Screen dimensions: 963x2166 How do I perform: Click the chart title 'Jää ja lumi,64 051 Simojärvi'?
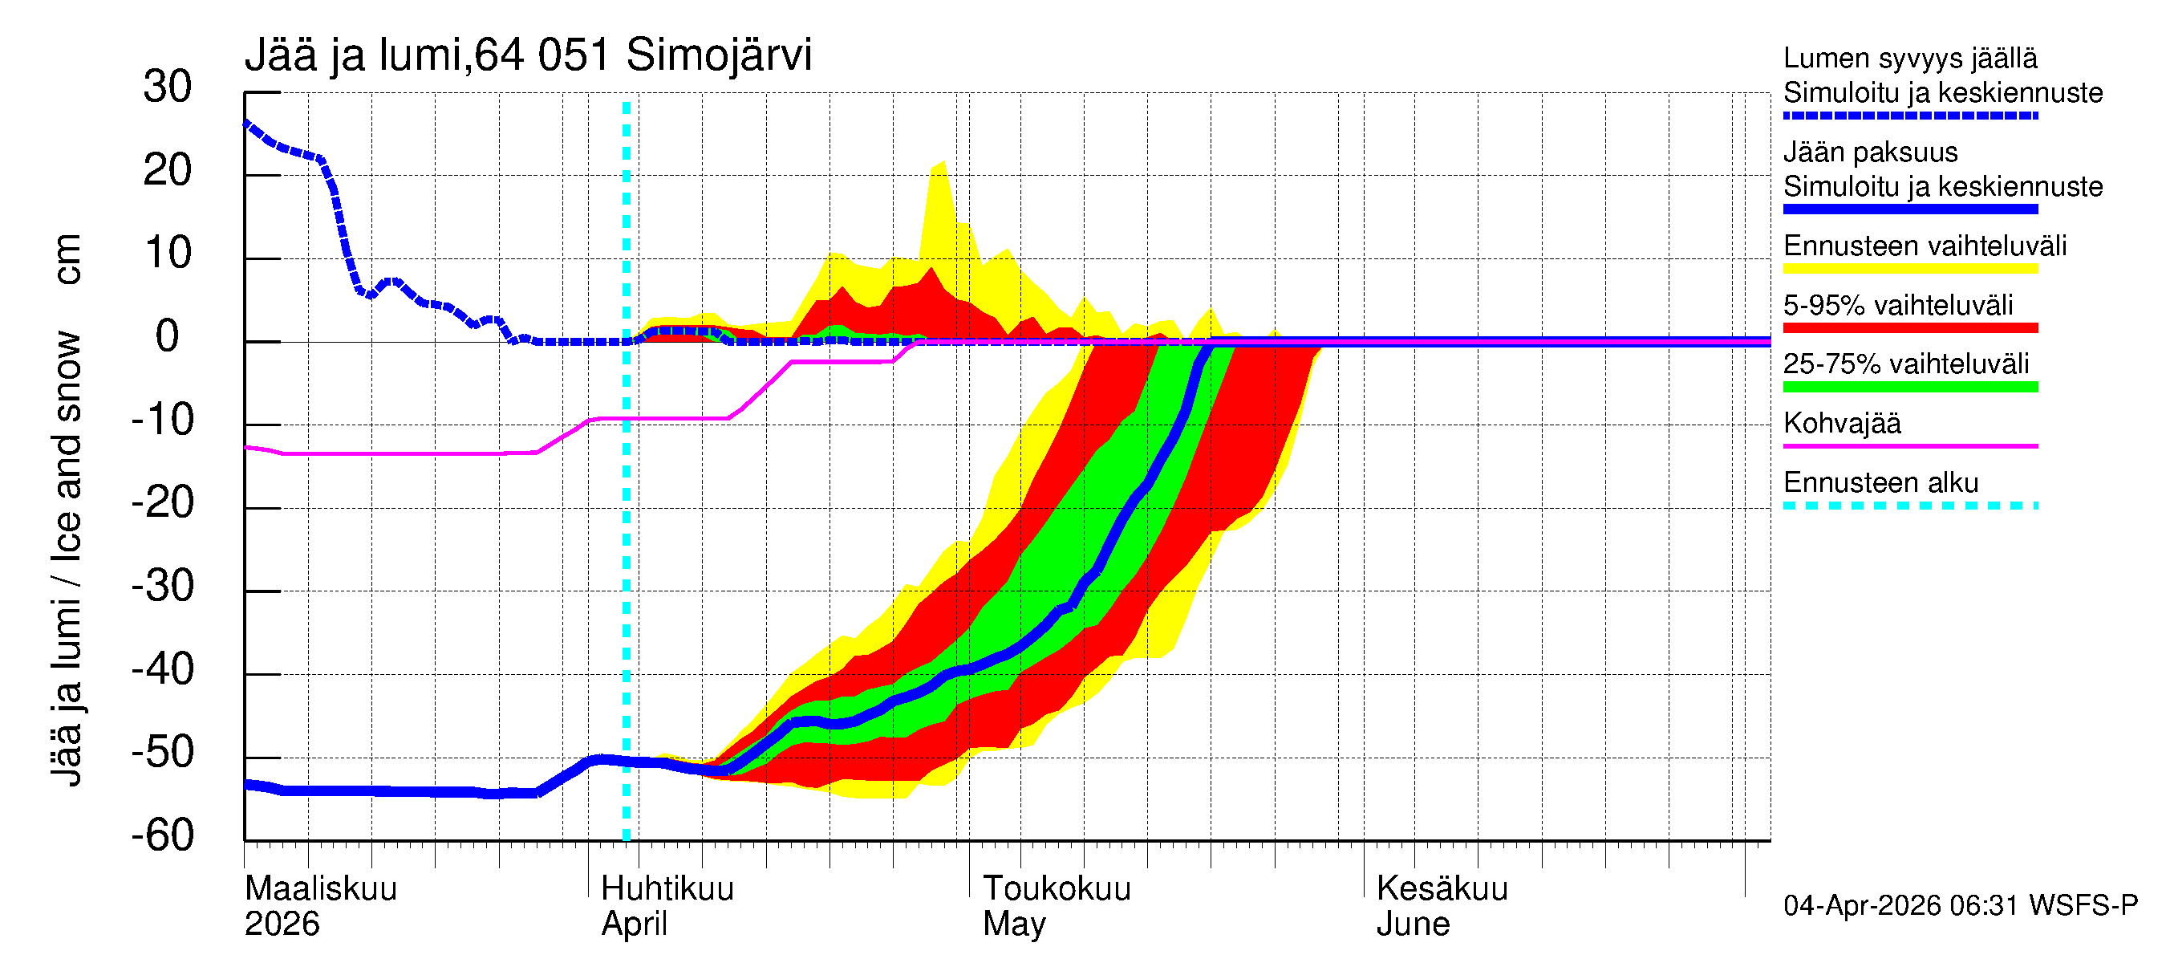[528, 55]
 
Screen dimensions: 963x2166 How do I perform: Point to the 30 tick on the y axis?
[168, 87]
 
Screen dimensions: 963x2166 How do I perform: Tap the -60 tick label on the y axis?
[162, 835]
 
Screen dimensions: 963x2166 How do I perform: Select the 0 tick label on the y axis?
[168, 336]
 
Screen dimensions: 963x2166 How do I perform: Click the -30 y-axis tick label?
[162, 585]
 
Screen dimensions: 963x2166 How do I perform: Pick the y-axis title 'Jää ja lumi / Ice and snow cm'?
[67, 509]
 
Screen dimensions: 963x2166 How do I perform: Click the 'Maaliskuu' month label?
[320, 888]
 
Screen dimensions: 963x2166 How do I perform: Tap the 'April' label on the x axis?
[634, 924]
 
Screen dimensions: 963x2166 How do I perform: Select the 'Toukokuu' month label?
[1057, 888]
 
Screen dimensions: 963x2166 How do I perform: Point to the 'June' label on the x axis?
[1413, 924]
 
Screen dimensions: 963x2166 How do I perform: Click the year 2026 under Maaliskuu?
[282, 924]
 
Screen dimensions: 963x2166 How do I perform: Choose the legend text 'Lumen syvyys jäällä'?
[1910, 58]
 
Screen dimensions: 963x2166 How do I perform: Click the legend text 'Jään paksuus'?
[1870, 152]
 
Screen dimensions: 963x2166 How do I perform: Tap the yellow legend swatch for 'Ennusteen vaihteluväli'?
[1910, 269]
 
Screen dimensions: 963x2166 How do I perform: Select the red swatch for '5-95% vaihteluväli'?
[1910, 328]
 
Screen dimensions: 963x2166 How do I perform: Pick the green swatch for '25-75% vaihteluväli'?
[1910, 387]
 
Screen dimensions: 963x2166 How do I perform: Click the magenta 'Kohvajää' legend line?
[1910, 445]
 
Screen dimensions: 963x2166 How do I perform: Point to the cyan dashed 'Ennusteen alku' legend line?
[1910, 506]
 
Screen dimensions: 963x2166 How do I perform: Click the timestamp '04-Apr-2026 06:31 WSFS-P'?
[1960, 905]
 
